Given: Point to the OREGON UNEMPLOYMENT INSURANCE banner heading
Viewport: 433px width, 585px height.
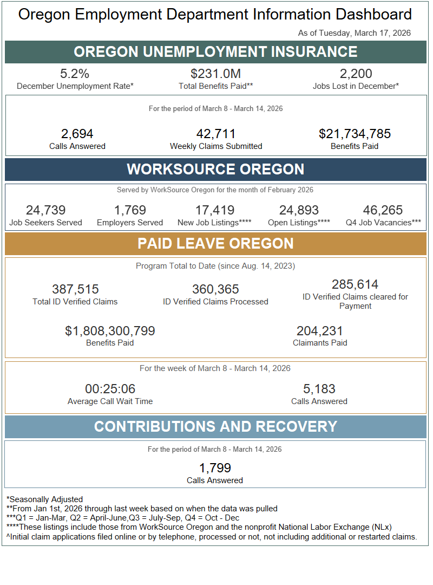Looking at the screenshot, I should (x=215, y=52).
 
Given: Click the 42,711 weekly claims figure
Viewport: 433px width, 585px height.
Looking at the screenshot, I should (x=215, y=134).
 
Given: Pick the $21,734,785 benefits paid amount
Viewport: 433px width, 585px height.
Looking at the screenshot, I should (x=355, y=134).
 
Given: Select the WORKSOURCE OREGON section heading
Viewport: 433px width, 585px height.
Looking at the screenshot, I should (x=215, y=169).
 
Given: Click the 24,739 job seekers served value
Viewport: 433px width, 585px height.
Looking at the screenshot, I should (x=45, y=210).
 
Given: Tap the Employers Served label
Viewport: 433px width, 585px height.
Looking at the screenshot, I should (x=130, y=223).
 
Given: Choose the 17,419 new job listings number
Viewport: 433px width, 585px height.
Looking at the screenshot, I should (x=215, y=210).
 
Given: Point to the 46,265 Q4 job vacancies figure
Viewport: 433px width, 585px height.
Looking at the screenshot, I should (x=383, y=210).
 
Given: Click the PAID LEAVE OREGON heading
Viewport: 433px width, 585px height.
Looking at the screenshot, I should (x=215, y=243).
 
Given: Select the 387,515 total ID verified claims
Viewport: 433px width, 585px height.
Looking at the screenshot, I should (x=75, y=289).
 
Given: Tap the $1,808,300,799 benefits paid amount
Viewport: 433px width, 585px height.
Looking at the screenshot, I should (x=110, y=331).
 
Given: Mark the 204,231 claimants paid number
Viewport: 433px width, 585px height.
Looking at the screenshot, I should (x=319, y=331).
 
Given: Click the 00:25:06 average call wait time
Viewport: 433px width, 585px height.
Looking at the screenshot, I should (x=110, y=389).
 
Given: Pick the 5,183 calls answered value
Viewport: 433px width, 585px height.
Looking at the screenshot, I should (x=319, y=389).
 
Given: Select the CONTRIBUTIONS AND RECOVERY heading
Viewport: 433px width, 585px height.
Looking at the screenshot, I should (x=215, y=426).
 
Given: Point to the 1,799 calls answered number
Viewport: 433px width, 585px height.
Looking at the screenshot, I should (x=215, y=468).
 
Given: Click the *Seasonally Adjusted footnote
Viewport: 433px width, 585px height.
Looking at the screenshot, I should (x=44, y=499).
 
